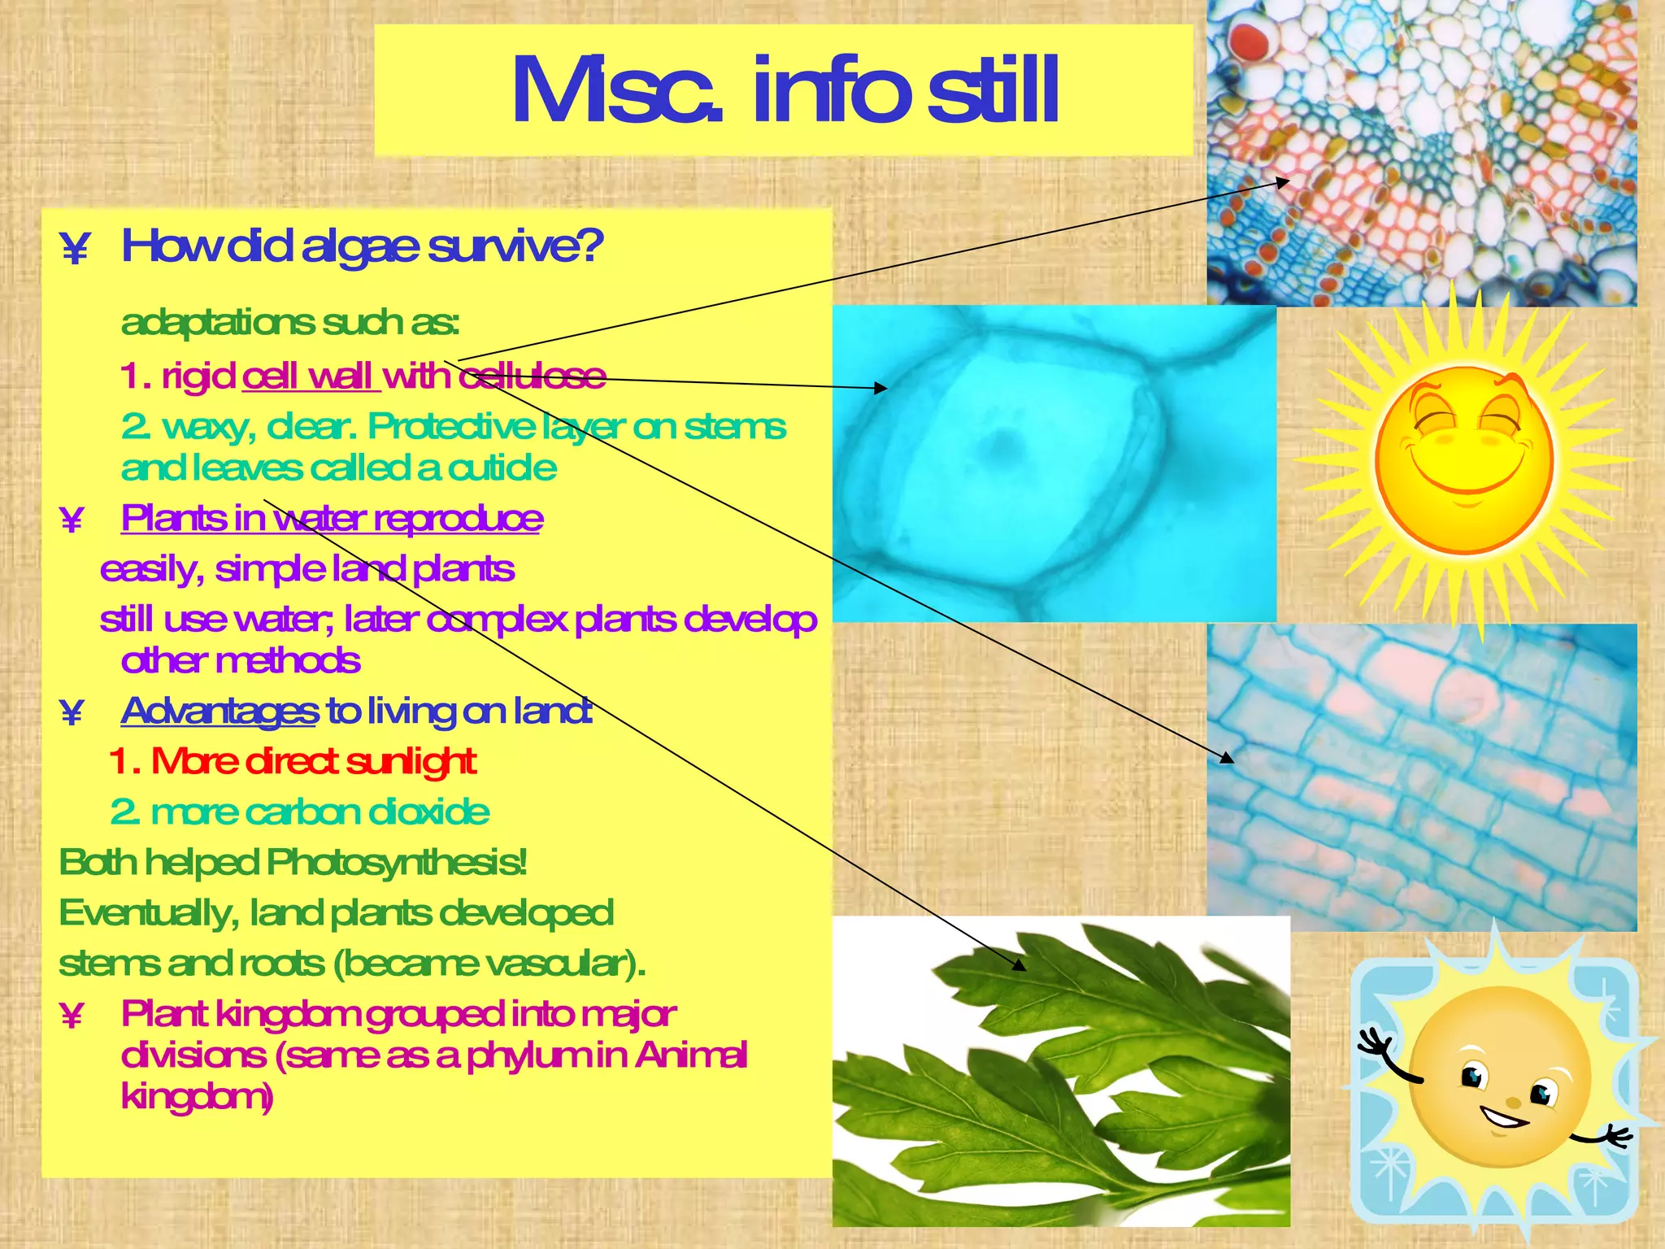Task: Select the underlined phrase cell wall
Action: [x=309, y=376]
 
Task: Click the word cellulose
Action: [x=533, y=376]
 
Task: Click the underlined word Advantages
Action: [x=220, y=712]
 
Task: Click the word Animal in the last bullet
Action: [x=691, y=1055]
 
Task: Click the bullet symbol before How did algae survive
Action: [x=75, y=249]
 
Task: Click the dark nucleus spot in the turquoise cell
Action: [x=1005, y=442]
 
